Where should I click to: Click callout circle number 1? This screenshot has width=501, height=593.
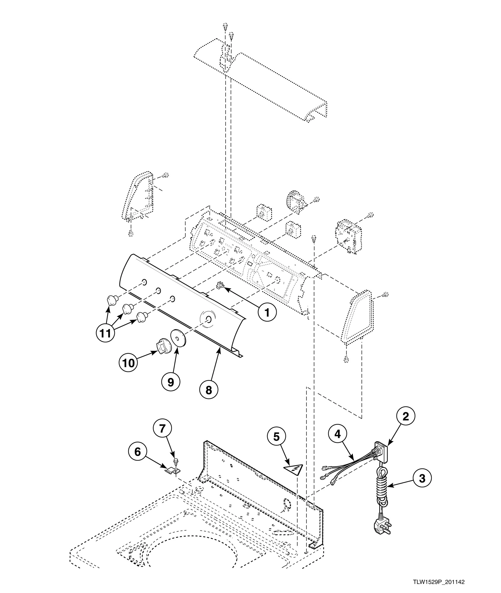tap(267, 312)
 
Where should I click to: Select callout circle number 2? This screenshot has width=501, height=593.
tap(405, 417)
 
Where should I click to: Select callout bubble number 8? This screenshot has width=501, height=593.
tap(209, 390)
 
